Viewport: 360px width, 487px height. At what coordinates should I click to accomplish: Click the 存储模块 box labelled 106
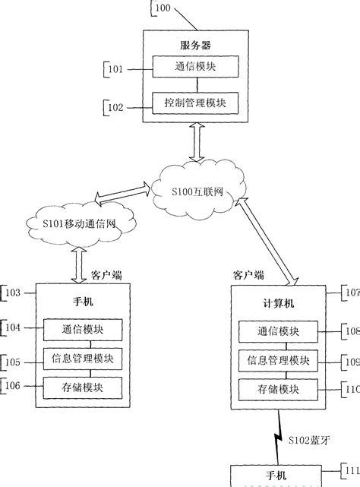pos(83,387)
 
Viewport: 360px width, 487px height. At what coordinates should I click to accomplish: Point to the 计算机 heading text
pos(278,302)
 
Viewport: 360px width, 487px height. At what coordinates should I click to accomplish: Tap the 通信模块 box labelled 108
pos(278,331)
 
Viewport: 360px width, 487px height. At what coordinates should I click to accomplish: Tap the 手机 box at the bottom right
pos(276,476)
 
